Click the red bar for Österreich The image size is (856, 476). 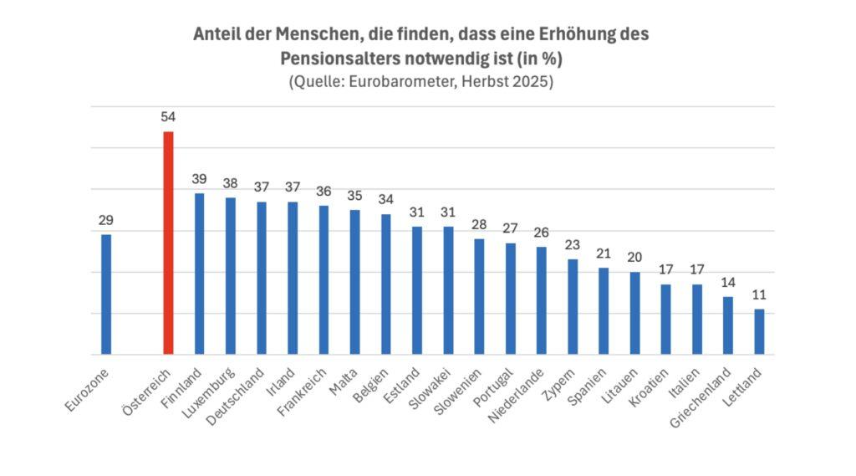(x=168, y=243)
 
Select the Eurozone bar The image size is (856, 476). (x=106, y=294)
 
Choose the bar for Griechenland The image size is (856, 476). (x=727, y=325)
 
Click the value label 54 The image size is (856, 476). (x=168, y=116)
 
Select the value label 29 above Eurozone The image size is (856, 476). (x=106, y=220)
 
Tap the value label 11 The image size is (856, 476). (x=759, y=294)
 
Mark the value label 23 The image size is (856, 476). (x=573, y=245)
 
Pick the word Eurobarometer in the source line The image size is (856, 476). (x=400, y=83)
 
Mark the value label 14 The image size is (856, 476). (x=727, y=282)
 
